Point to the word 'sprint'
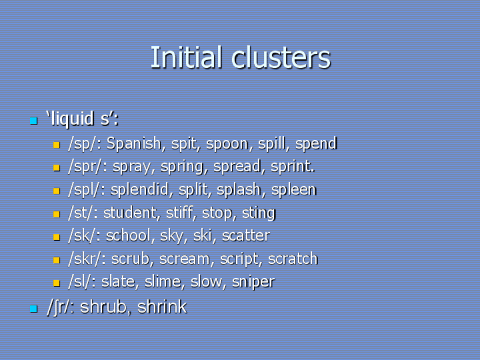pyautogui.click(x=292, y=167)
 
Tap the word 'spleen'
pyautogui.click(x=293, y=190)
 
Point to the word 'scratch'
pyautogui.click(x=293, y=259)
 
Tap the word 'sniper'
pyautogui.click(x=253, y=282)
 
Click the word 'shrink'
pyautogui.click(x=162, y=307)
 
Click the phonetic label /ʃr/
pyautogui.click(x=59, y=307)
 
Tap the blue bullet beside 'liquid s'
pyautogui.click(x=33, y=121)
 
